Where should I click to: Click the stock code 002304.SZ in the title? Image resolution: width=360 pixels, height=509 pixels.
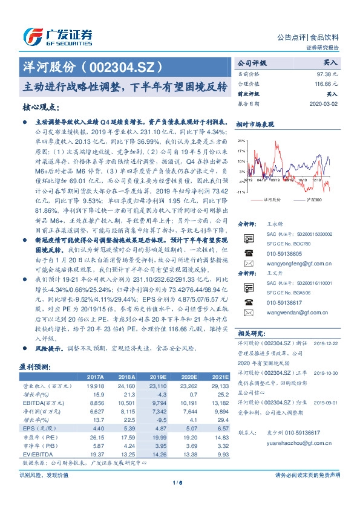tap(122, 65)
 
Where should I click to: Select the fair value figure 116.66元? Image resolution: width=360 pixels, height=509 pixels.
tap(324, 83)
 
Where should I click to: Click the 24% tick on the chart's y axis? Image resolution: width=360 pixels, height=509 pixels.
tap(241, 140)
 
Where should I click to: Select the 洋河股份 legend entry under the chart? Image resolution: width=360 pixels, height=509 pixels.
tap(270, 199)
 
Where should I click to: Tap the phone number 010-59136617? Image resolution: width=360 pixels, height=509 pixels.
tap(284, 302)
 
